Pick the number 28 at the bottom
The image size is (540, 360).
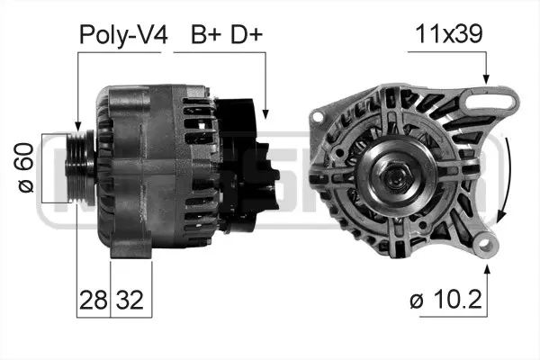point(92,298)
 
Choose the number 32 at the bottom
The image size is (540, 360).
point(129,298)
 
